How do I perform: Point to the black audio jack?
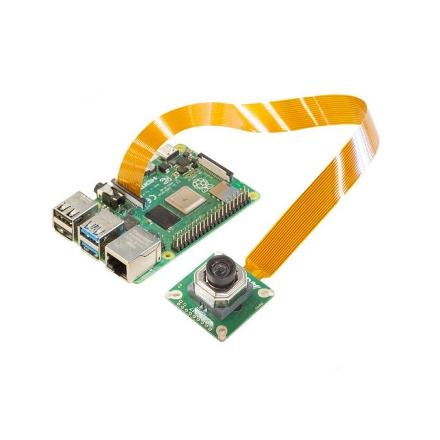coord(102,192)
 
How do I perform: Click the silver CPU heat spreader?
coord(186,199)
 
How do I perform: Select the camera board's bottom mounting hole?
coord(221,331)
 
